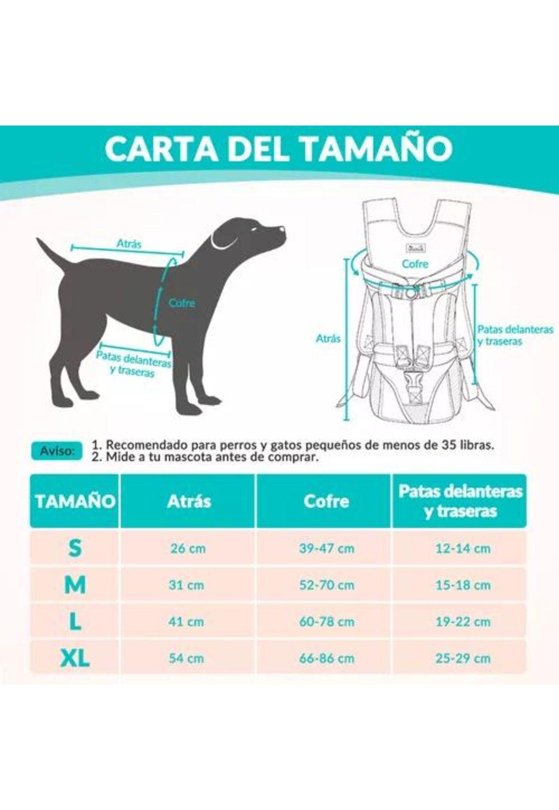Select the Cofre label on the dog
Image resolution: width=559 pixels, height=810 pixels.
[x=182, y=303]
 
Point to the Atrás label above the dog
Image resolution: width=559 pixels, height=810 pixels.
[x=129, y=244]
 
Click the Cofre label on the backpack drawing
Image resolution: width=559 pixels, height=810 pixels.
[x=415, y=264]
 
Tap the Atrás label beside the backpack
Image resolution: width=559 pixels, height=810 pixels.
[x=328, y=338]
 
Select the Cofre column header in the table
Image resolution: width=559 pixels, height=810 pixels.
[x=326, y=501]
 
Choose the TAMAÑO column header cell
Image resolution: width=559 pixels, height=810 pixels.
[x=75, y=501]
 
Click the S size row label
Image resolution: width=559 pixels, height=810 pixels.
[x=75, y=548]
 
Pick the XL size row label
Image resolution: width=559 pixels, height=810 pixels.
[x=75, y=658]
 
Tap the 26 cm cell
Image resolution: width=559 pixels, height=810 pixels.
[x=188, y=548]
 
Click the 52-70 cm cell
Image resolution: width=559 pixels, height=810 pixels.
[x=326, y=585]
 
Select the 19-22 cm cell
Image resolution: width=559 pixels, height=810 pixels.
[x=463, y=622]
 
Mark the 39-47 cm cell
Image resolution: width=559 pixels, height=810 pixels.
[x=326, y=548]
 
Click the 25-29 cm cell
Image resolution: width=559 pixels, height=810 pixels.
[x=463, y=659]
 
